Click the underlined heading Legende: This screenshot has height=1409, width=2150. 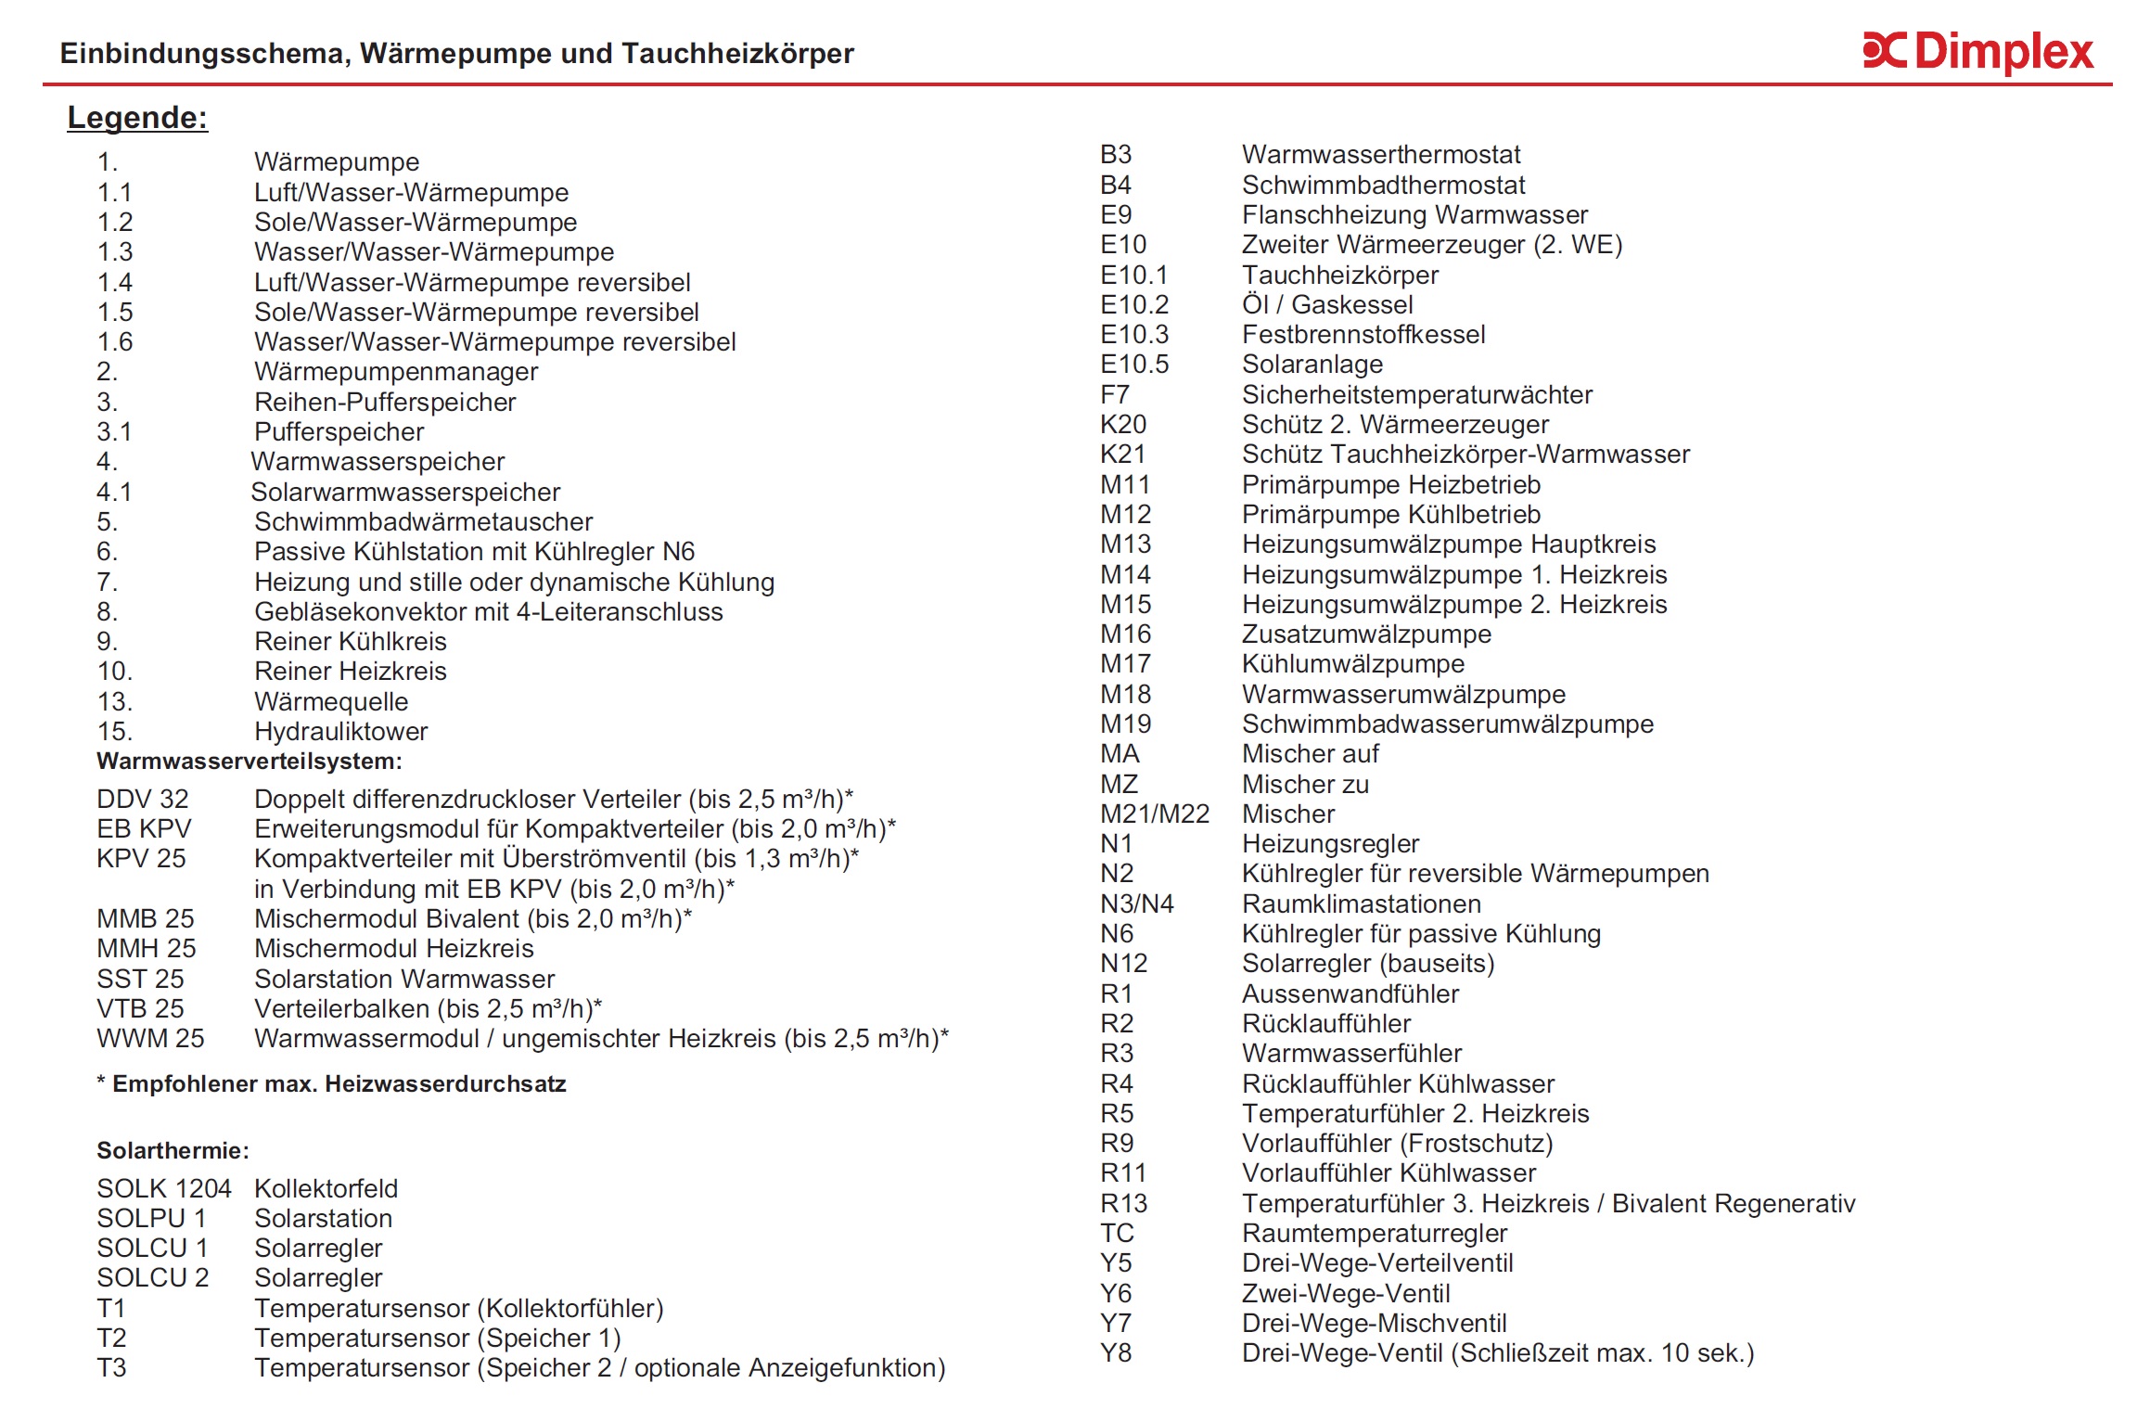137,118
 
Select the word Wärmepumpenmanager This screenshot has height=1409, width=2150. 396,372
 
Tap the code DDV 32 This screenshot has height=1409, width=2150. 142,799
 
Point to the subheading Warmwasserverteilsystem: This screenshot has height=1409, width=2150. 249,762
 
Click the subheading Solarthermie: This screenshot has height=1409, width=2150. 173,1150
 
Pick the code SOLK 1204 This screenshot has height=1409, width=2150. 163,1188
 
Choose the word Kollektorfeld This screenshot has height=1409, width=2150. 326,1188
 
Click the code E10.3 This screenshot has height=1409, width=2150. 1133,334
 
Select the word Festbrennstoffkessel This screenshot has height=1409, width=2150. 1363,334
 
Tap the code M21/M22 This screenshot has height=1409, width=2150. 1154,813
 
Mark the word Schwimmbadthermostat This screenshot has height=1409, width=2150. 1383,185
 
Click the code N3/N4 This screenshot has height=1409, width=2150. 1136,903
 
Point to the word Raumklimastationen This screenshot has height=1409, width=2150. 1361,903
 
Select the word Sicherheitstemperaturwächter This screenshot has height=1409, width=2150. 1416,394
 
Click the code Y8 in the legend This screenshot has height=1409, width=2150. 1116,1352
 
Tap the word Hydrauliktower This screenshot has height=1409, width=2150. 340,731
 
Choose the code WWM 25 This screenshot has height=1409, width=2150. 150,1038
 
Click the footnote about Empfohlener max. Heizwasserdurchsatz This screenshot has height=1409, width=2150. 331,1083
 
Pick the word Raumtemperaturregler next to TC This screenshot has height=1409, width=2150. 1374,1233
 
